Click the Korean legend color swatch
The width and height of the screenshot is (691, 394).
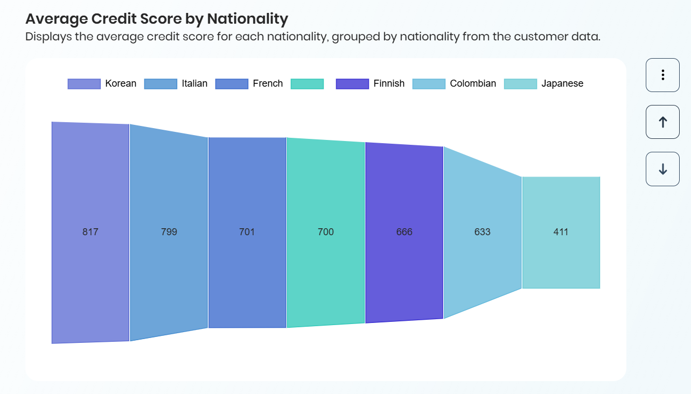84,84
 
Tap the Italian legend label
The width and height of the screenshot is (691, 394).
194,83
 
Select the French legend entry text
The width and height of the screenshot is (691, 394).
268,83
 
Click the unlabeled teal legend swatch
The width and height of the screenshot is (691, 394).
307,84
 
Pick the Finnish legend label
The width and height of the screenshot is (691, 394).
389,83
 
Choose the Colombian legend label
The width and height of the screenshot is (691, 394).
473,83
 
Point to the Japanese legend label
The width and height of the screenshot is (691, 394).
562,83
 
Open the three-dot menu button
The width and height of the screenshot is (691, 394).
662,75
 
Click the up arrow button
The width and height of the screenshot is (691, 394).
662,122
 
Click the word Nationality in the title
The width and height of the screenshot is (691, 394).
248,19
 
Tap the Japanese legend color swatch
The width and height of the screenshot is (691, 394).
520,84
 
